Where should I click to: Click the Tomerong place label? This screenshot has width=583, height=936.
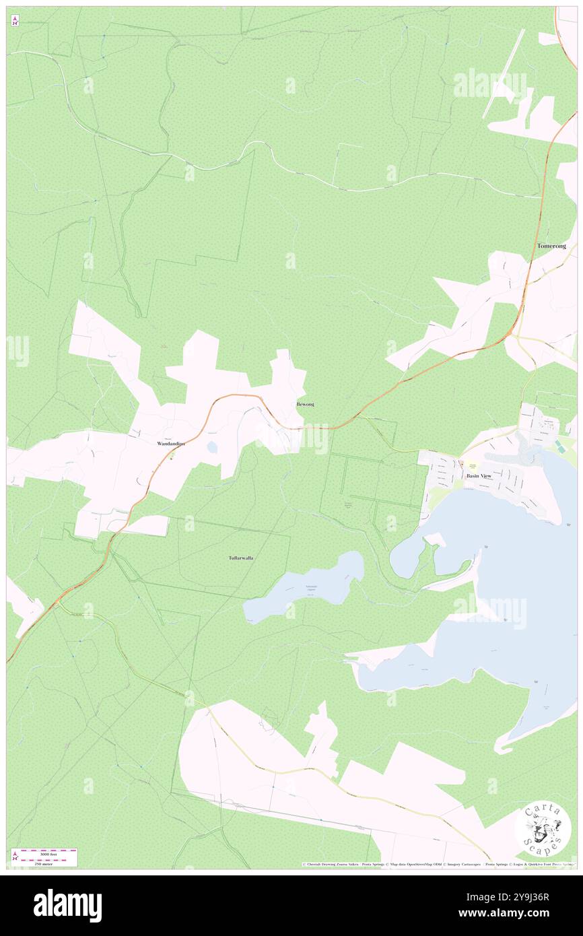tap(551, 246)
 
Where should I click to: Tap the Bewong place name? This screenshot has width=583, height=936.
tap(305, 404)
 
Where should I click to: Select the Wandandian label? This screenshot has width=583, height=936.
tap(170, 444)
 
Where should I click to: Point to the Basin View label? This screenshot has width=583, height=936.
tap(479, 475)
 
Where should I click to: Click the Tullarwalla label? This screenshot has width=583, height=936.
tap(240, 558)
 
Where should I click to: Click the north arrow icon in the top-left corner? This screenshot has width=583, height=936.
tap(15, 21)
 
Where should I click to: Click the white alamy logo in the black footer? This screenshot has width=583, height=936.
tap(67, 906)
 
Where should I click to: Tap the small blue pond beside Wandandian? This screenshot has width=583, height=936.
tap(212, 447)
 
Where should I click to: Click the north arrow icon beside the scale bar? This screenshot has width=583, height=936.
tap(15, 857)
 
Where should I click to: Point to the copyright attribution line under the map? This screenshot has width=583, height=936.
tap(438, 864)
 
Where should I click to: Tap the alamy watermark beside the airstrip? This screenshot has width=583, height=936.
tap(489, 84)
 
